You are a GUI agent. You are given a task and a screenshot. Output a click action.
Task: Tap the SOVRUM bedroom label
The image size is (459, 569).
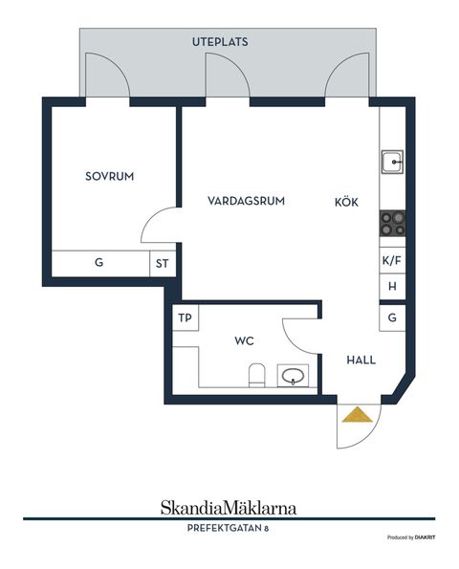[108, 177]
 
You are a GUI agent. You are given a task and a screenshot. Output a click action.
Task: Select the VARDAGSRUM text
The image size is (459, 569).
[246, 201]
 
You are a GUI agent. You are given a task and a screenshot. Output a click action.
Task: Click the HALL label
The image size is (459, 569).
[361, 361]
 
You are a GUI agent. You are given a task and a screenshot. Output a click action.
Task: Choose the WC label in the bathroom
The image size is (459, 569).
[246, 340]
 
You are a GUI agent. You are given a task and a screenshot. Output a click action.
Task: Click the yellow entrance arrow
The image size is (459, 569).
[357, 414]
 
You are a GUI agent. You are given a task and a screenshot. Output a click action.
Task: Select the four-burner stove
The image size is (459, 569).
[392, 223]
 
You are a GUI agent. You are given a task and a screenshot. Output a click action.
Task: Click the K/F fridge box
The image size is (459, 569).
[392, 261]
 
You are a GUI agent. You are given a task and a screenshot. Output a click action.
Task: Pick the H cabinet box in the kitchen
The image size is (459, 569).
[392, 287]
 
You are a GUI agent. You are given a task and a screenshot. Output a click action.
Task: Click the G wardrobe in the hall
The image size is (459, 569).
[392, 317]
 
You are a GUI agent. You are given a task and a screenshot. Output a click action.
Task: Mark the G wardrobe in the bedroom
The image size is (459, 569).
[98, 262]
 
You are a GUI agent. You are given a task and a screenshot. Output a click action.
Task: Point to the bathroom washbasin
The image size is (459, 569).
[294, 376]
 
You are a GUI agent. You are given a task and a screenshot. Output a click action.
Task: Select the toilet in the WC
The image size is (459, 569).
[255, 376]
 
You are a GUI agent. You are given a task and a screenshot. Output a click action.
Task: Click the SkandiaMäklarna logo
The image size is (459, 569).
[228, 507]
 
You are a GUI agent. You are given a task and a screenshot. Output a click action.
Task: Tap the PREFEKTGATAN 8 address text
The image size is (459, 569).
[228, 527]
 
